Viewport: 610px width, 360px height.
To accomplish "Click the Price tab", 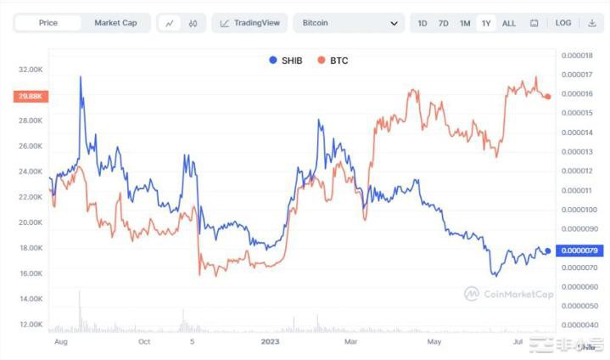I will (48, 23).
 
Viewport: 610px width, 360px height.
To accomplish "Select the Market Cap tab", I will (115, 23).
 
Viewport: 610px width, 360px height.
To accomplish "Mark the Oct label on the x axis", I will (143, 342).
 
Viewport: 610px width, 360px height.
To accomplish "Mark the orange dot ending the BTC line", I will (548, 97).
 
